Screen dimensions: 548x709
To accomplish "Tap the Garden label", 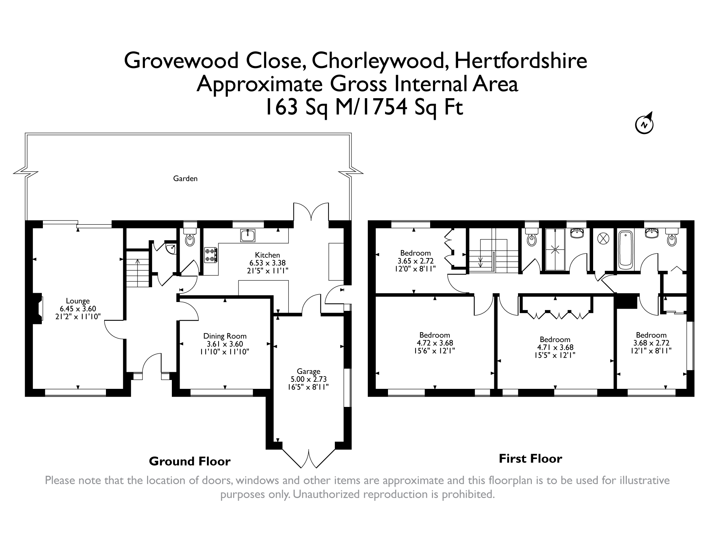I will point(185,179).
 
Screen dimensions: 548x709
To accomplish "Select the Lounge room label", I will point(78,301).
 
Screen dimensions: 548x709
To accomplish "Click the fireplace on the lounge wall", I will point(38,308).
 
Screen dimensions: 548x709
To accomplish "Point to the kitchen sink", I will point(247,235).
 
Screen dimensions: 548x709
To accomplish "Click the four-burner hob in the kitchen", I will point(211,255).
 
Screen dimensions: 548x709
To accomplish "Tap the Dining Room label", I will point(225,336).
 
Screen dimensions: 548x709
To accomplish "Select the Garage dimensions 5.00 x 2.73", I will point(308,379).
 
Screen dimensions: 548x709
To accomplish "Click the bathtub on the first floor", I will point(625,248).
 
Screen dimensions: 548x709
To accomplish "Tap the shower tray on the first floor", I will point(555,249).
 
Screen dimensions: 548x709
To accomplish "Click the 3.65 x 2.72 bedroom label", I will point(415,261).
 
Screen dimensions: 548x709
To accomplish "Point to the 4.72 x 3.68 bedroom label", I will point(434,343).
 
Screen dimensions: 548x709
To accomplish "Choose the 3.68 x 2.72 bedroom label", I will point(651,343).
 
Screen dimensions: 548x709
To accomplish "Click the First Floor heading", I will point(530,459).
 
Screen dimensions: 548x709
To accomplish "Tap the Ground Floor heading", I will point(190,461).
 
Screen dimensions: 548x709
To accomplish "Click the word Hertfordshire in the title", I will point(521,61).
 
